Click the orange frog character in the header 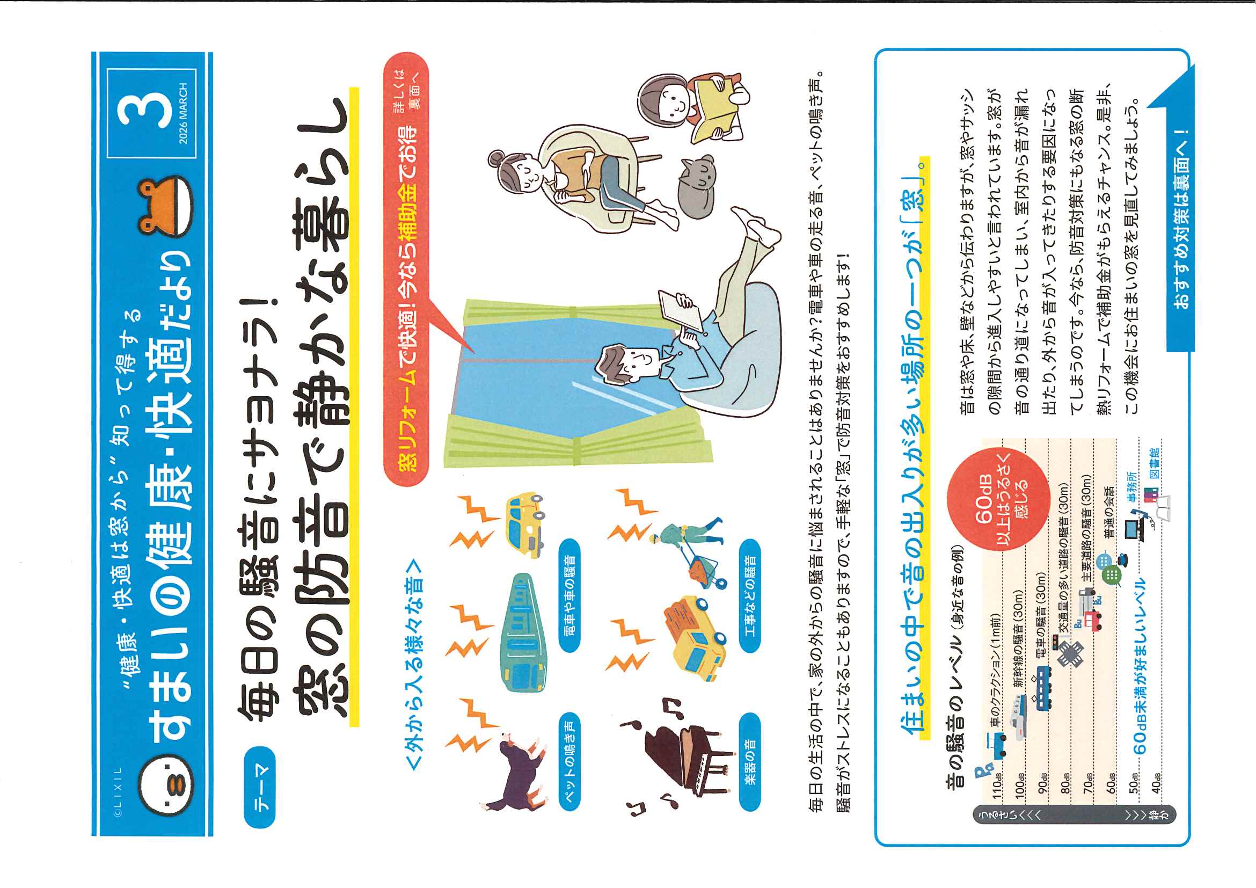point(165,206)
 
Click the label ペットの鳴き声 point(569,761)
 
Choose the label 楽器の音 point(750,761)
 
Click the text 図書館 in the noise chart point(1154,463)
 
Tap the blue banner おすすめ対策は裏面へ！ point(1180,219)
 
